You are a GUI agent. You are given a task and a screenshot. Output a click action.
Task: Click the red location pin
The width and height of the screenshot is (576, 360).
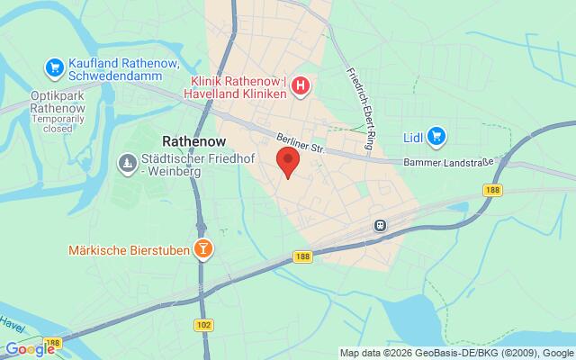click(x=287, y=163)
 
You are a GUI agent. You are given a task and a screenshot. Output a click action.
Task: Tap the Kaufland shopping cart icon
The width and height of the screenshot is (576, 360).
click(x=54, y=66)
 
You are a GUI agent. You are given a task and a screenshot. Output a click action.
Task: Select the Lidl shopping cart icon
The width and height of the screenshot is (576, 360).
click(x=437, y=136)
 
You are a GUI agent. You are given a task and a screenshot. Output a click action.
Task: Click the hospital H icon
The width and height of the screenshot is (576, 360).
click(x=301, y=86)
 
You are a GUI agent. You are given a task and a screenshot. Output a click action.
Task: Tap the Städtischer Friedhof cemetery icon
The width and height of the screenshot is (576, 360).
click(x=126, y=163)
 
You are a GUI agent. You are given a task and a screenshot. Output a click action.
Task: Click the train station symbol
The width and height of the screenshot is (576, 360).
click(x=381, y=225)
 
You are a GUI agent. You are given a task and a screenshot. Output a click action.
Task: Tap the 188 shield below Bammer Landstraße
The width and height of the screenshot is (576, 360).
click(x=491, y=190)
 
